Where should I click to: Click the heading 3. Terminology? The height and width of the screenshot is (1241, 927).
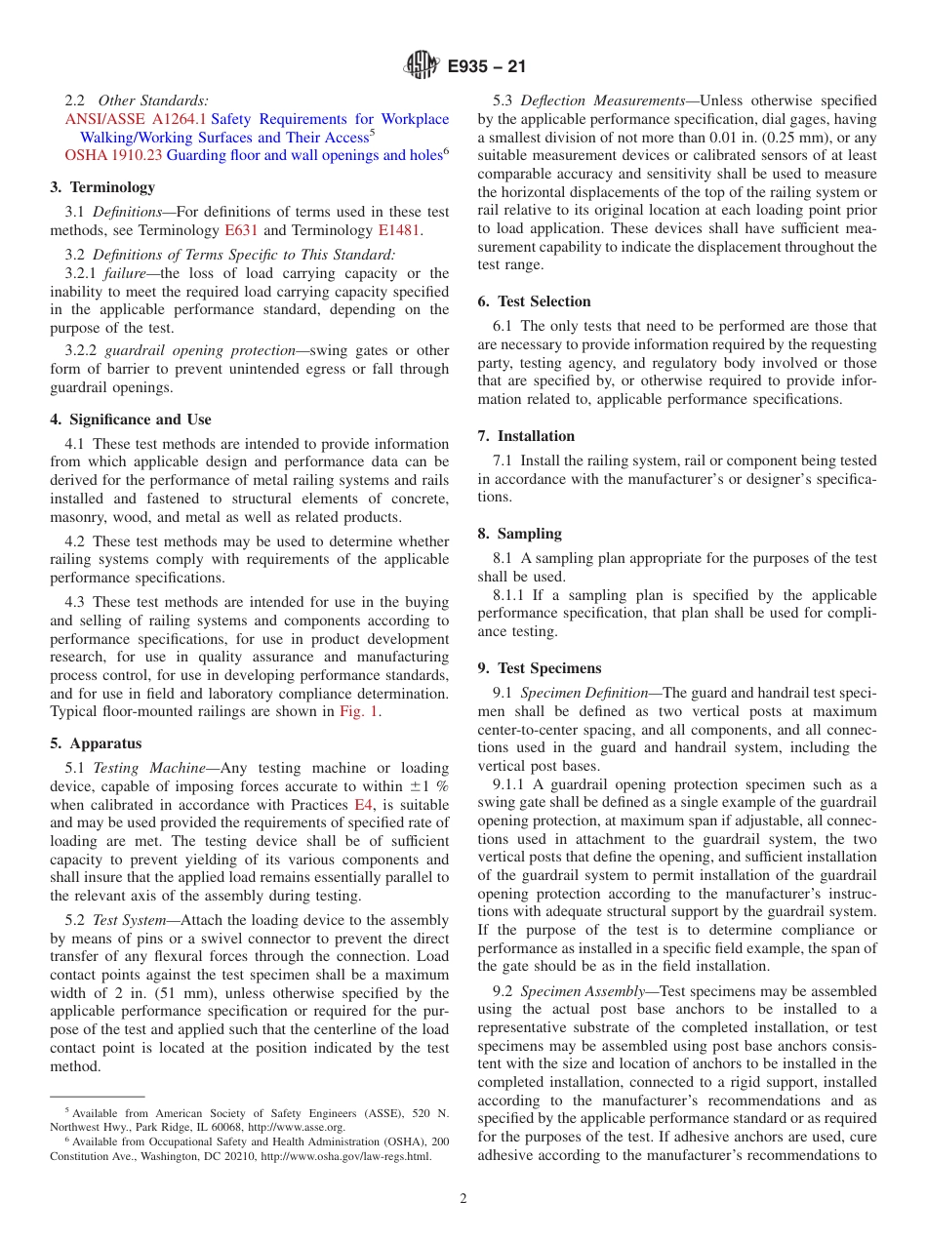coord(102,187)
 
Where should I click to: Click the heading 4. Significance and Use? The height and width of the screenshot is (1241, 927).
coord(131,420)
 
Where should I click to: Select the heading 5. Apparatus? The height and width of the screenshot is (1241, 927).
coord(96,743)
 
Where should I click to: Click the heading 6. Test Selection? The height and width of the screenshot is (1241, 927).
coord(534,301)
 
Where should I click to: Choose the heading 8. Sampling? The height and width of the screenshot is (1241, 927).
coord(519,534)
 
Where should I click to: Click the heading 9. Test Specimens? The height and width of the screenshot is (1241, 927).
coord(539,668)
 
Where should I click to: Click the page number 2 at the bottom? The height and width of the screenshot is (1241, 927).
coord(463,1199)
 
